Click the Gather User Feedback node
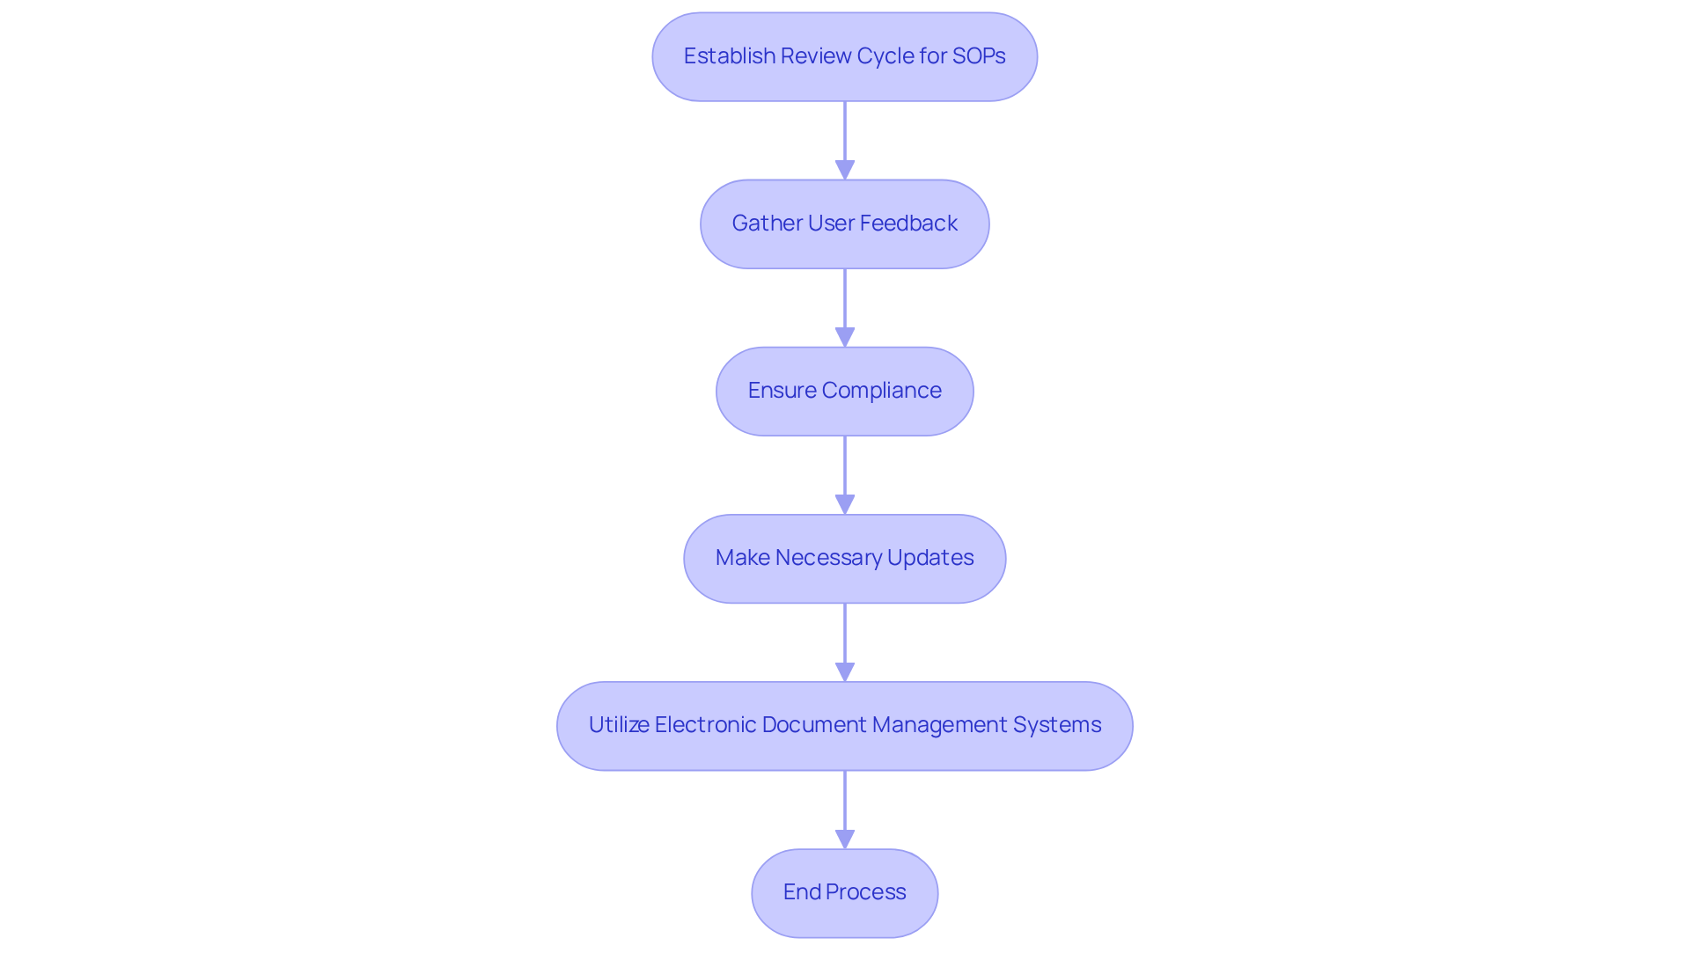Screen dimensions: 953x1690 click(x=845, y=224)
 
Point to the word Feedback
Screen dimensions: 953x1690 click(x=908, y=224)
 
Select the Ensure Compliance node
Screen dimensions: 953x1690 click(x=845, y=392)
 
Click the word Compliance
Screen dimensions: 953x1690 click(x=881, y=391)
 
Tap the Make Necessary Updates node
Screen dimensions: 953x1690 click(x=845, y=559)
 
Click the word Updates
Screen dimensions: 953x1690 click(x=930, y=558)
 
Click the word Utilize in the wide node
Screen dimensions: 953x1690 click(x=619, y=725)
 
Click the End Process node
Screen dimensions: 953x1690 click(x=845, y=893)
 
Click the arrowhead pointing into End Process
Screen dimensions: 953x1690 click(x=845, y=839)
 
